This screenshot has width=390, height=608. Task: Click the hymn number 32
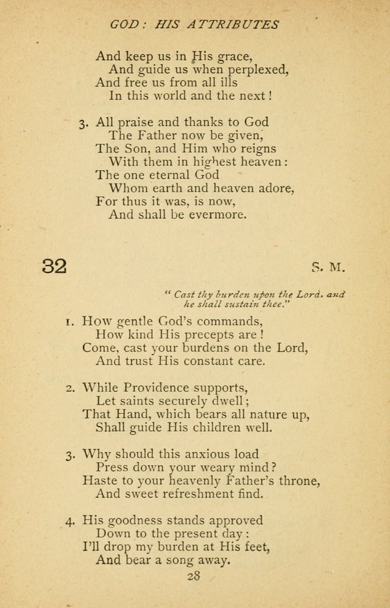coord(54,266)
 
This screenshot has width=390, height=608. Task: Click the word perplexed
coord(257,69)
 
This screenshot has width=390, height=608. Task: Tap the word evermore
coord(218,215)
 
